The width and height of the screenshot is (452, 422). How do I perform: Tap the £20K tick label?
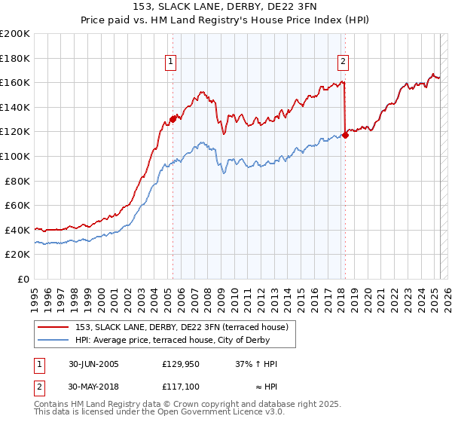click(17, 255)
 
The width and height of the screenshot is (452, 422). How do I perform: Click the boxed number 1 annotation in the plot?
click(172, 63)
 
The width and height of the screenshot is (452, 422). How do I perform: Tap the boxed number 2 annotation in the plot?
click(343, 63)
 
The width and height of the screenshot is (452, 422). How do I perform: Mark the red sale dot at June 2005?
click(173, 118)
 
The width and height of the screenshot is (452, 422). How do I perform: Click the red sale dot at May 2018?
click(346, 135)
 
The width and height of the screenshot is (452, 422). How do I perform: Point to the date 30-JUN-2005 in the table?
click(93, 364)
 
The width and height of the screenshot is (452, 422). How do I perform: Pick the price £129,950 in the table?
click(180, 364)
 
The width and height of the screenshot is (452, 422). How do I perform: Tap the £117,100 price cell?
click(180, 387)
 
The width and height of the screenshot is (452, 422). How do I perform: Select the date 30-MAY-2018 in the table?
click(94, 387)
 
